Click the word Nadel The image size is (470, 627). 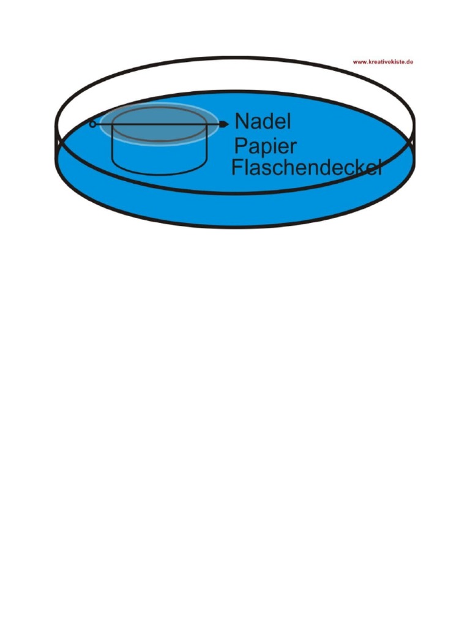[x=263, y=121]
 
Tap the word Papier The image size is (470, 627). [x=265, y=147]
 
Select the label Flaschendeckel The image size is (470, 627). [x=307, y=167]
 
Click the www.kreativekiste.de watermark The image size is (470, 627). [x=383, y=62]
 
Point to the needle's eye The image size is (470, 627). [x=92, y=124]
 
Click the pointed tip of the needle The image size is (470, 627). [x=228, y=124]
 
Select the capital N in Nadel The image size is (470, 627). [x=241, y=121]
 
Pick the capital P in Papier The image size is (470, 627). [x=240, y=146]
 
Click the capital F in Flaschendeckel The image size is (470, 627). [x=237, y=167]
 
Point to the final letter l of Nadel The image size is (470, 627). [x=289, y=121]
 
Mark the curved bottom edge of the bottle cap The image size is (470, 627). [x=160, y=173]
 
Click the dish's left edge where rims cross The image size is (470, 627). [x=58, y=142]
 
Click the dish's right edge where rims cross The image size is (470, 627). [x=412, y=142]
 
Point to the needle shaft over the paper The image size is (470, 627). [x=160, y=124]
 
